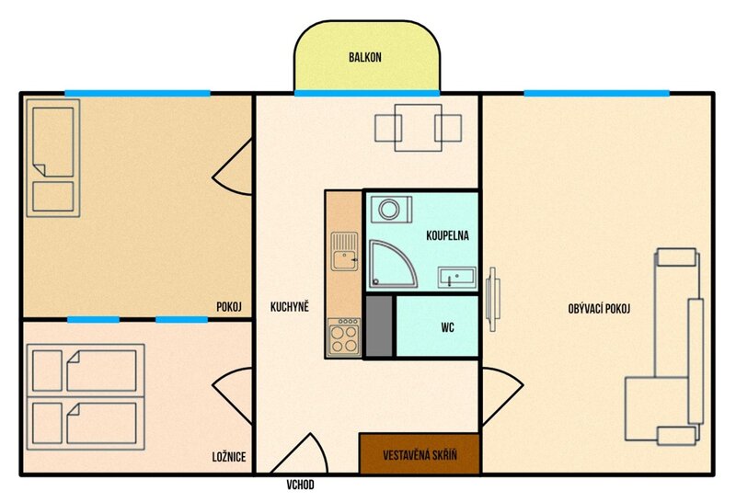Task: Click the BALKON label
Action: pyautogui.click(x=364, y=57)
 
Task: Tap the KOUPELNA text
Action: pyautogui.click(x=447, y=235)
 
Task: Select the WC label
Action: pyautogui.click(x=447, y=327)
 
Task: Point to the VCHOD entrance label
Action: pyautogui.click(x=301, y=485)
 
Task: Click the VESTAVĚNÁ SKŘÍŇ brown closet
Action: pyautogui.click(x=420, y=453)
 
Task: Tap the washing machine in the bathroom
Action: pyautogui.click(x=392, y=210)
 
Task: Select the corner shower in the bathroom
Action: pyautogui.click(x=393, y=263)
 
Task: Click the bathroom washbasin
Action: pyautogui.click(x=456, y=278)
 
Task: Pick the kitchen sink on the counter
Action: pyautogui.click(x=344, y=251)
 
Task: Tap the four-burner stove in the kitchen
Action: pyautogui.click(x=343, y=337)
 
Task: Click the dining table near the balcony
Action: pyautogui.click(x=419, y=128)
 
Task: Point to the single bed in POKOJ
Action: pyautogui.click(x=53, y=158)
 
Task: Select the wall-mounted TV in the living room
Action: pyautogui.click(x=492, y=300)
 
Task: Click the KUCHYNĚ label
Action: pyautogui.click(x=290, y=307)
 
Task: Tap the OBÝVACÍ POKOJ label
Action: pyautogui.click(x=599, y=309)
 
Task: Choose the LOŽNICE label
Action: pyautogui.click(x=229, y=457)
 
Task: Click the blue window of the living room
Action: pyautogui.click(x=596, y=94)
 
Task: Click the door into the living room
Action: pyautogui.click(x=501, y=397)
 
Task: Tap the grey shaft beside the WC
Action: pyautogui.click(x=378, y=326)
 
